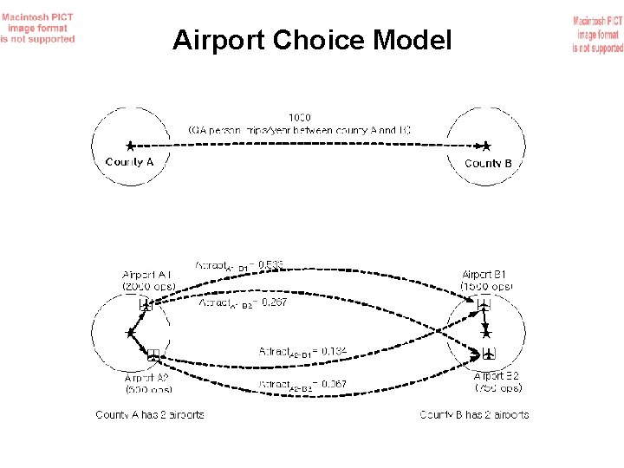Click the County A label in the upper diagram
tap(130, 162)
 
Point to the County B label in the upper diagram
tap(488, 163)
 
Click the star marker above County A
tap(130, 146)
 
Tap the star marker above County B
tap(487, 146)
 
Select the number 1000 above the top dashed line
tap(300, 116)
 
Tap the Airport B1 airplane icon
tap(484, 303)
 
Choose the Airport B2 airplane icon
tap(490, 354)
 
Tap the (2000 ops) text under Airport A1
tap(148, 285)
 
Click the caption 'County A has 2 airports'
tap(150, 415)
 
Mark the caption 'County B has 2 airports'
tap(474, 415)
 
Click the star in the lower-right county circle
tap(486, 332)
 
